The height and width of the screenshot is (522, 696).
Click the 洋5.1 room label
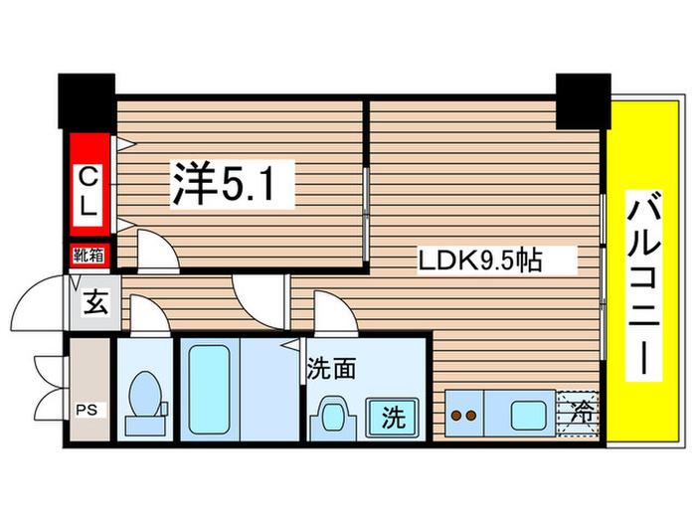point(234,185)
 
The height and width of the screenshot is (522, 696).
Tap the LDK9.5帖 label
point(479,262)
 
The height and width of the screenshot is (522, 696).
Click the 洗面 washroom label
point(331,366)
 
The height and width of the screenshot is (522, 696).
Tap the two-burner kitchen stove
point(461,413)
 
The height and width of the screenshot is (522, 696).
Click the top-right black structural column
point(583,99)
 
